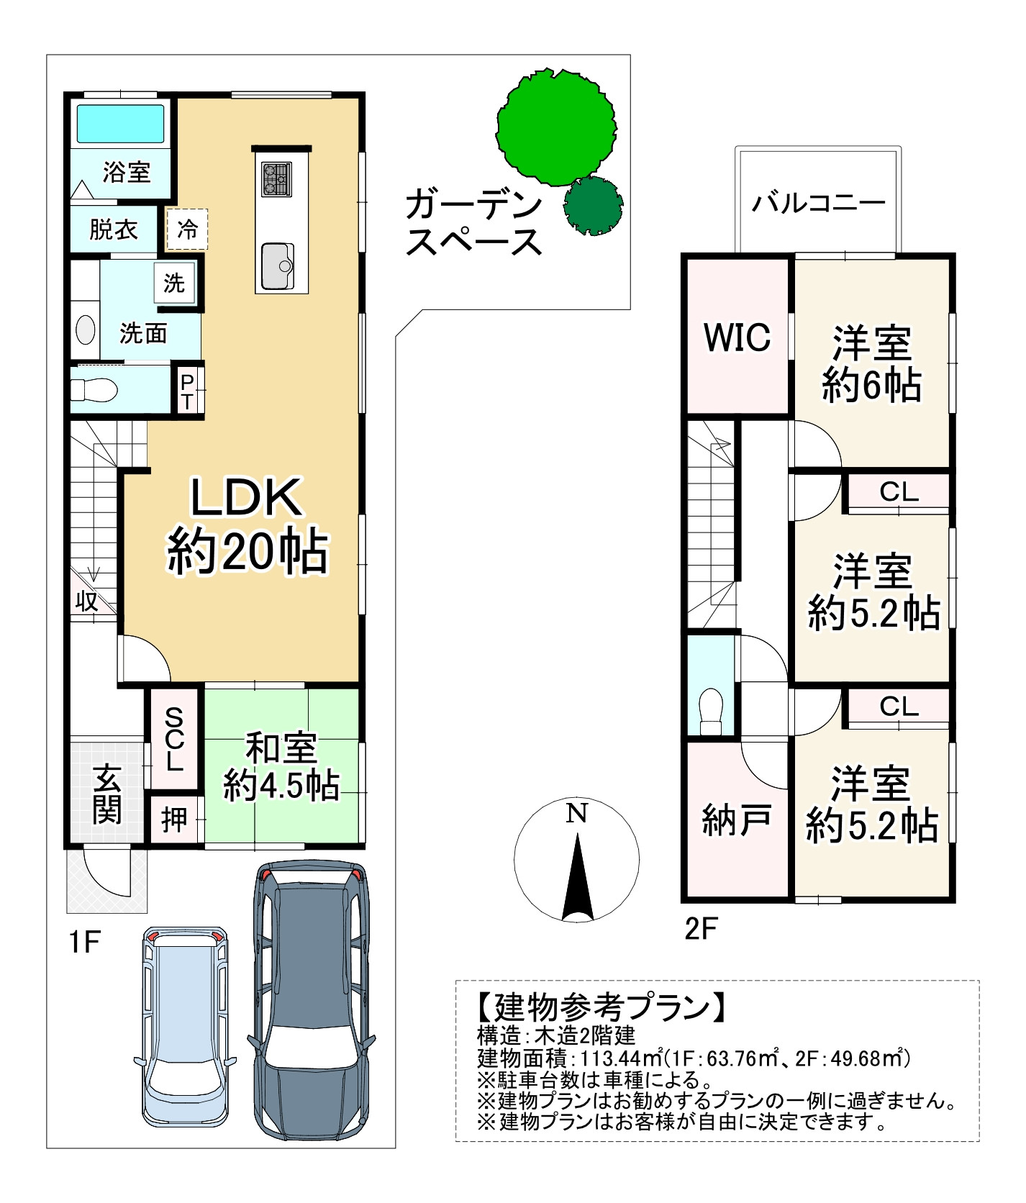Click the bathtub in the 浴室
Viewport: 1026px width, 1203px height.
[x=121, y=124]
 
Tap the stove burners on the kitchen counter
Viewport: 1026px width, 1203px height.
[x=277, y=179]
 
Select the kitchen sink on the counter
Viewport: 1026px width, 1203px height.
[x=277, y=266]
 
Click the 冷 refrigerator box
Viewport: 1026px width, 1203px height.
[x=187, y=230]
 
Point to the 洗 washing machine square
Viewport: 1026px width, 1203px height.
[x=175, y=283]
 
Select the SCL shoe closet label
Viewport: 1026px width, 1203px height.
[x=174, y=739]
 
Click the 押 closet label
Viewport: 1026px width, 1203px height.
[x=174, y=820]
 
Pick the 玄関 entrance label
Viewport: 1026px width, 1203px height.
[x=107, y=795]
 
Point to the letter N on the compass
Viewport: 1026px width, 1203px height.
[x=577, y=813]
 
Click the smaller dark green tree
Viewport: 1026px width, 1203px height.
[x=593, y=206]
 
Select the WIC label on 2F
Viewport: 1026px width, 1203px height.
[x=737, y=337]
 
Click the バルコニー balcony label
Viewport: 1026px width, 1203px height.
[x=819, y=204]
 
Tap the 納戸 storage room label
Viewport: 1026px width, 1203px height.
[x=737, y=820]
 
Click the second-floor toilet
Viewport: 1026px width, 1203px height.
[x=711, y=712]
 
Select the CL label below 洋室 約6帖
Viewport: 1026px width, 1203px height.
[x=899, y=492]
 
